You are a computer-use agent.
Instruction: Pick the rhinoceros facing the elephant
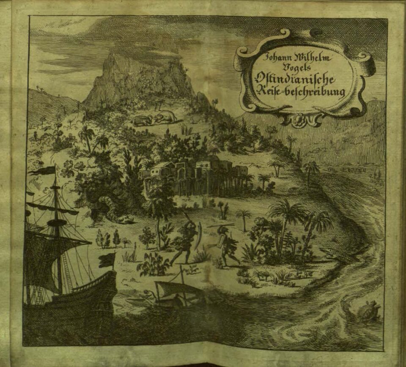pos(142,121)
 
